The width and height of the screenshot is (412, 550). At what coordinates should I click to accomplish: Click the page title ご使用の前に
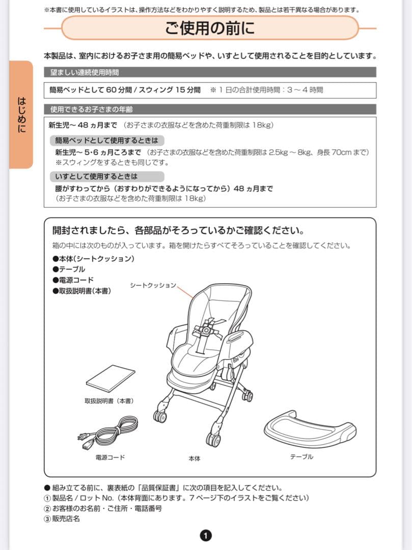210,28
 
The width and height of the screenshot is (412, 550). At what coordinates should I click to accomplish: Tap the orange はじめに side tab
21,115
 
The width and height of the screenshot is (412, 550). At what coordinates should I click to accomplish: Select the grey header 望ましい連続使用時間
85,72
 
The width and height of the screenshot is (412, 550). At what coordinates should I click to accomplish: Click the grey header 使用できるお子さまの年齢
91,109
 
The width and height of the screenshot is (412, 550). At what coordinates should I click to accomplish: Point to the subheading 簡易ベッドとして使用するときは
107,140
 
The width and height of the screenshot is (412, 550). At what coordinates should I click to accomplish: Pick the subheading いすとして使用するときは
97,176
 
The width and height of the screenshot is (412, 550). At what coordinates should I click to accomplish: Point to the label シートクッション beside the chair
153,285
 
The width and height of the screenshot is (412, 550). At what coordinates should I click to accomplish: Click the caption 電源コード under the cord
110,457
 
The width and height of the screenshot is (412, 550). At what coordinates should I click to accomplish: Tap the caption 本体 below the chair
194,458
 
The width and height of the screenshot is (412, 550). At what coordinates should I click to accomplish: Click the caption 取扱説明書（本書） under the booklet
109,401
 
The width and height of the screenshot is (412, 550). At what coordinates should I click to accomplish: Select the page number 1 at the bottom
206,535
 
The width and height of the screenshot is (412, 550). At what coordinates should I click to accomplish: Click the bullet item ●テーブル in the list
69,269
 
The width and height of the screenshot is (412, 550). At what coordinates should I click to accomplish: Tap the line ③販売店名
62,519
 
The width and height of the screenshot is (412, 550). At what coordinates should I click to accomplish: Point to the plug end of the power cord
83,437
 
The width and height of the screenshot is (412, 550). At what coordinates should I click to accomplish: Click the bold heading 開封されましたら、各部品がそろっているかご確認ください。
175,230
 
